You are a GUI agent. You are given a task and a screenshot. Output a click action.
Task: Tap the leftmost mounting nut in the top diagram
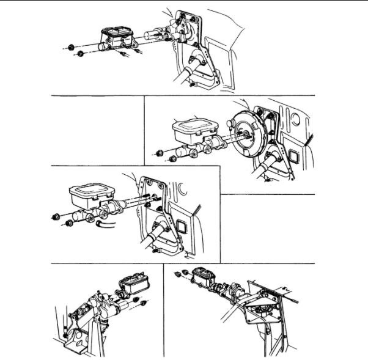(x=72, y=46)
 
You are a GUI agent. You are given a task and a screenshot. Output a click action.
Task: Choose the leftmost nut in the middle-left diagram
(x=56, y=215)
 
